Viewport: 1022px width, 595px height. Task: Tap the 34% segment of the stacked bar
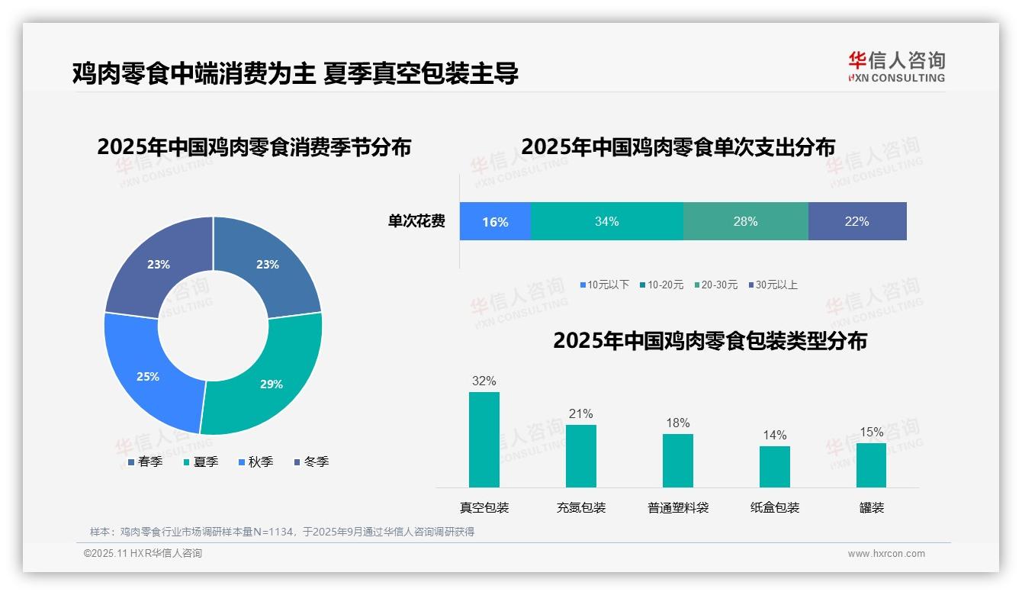tap(607, 221)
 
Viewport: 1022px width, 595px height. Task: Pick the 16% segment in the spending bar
tap(495, 221)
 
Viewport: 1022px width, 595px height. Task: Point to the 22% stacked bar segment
tap(857, 221)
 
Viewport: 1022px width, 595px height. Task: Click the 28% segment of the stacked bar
tap(745, 221)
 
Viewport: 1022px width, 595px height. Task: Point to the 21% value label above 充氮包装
tap(580, 413)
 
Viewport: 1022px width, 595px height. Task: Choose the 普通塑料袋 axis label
tap(678, 507)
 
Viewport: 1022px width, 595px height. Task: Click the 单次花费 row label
tap(416, 221)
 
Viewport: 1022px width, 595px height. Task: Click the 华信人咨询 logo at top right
tap(896, 67)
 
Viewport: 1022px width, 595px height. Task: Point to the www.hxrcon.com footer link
tap(886, 554)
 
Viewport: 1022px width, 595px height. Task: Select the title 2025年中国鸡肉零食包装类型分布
tap(710, 340)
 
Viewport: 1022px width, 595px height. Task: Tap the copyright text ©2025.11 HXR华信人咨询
tap(143, 554)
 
